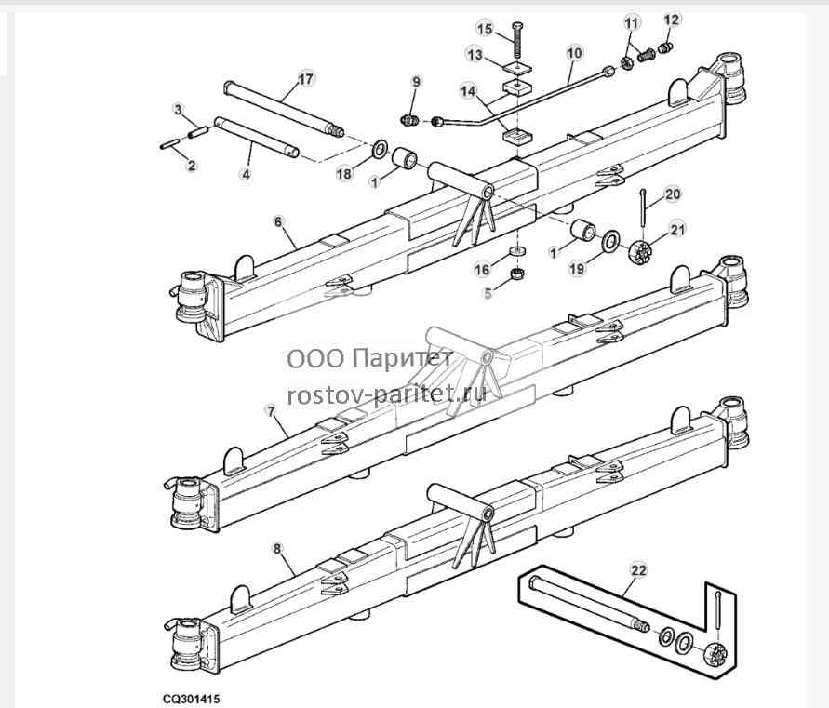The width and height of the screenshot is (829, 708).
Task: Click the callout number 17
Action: [305, 79]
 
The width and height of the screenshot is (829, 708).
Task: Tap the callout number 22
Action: [638, 570]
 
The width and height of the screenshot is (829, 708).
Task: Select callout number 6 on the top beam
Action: [278, 221]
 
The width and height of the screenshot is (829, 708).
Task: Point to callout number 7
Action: [272, 411]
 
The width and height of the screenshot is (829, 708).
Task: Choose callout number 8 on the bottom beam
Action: [277, 549]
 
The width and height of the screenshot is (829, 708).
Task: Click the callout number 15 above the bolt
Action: [485, 29]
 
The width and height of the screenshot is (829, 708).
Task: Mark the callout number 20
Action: [673, 194]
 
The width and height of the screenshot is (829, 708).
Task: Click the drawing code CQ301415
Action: [192, 699]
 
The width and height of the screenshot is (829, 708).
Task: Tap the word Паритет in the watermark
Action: [402, 358]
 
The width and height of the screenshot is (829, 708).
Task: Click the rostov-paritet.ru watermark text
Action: [386, 394]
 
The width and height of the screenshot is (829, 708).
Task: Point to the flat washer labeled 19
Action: [611, 242]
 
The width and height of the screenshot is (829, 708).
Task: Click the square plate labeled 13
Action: [516, 68]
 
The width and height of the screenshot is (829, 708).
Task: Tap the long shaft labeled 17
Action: [285, 108]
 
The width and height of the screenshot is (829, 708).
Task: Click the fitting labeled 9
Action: [411, 120]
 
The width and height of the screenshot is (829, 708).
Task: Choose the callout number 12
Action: [671, 20]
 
